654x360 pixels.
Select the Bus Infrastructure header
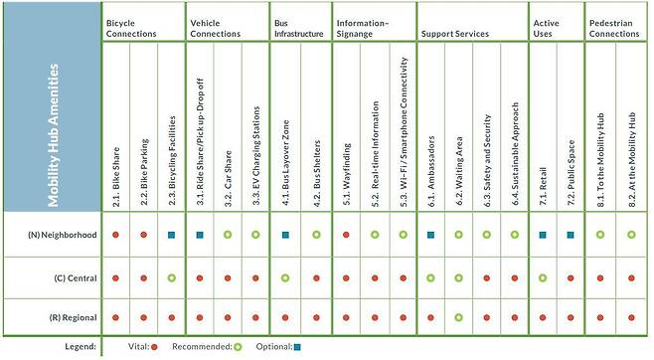(298, 27)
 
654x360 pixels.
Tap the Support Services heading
(454, 33)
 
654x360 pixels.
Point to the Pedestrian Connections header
(614, 27)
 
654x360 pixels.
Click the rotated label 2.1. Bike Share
(116, 175)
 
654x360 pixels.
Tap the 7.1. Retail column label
(543, 179)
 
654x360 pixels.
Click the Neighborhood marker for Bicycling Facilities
(172, 236)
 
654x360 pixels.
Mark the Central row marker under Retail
(543, 278)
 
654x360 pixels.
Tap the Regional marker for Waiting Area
(458, 319)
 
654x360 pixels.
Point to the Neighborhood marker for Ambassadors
(430, 236)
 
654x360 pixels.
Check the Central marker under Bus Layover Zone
(285, 278)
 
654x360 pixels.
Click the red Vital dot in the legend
(155, 347)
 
